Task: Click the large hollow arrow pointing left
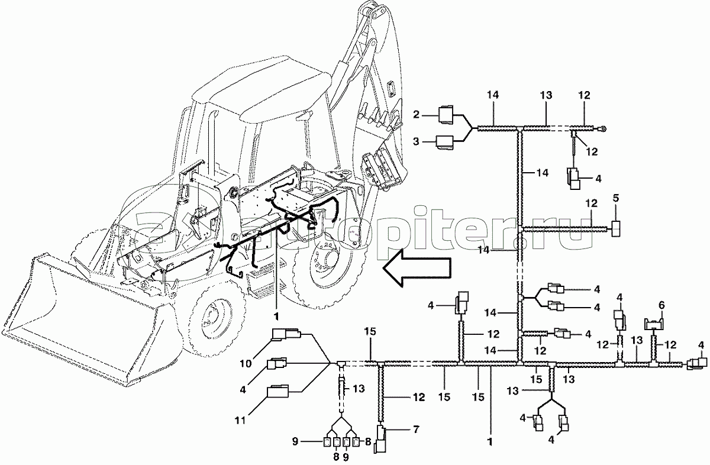click(x=417, y=270)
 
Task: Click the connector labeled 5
click(x=616, y=228)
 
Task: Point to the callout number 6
click(x=661, y=304)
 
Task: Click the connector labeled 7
click(x=382, y=441)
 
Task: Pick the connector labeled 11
click(x=280, y=392)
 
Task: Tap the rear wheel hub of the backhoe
click(x=324, y=259)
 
